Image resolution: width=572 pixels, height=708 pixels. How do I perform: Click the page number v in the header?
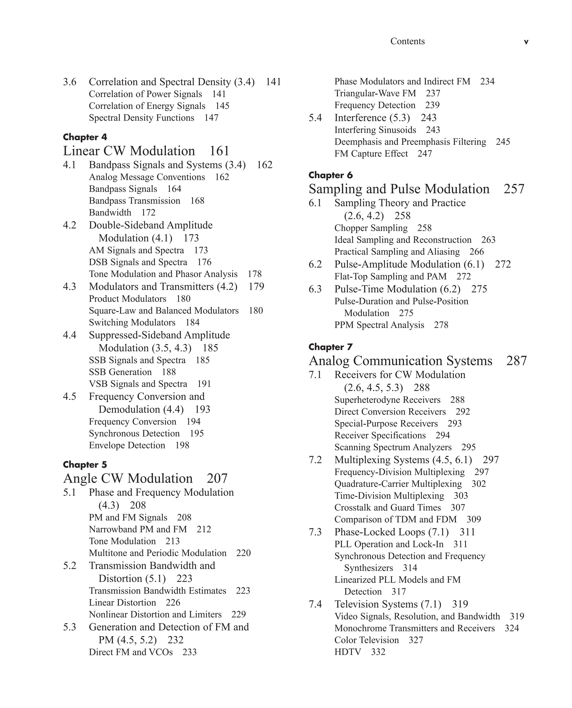tap(526, 42)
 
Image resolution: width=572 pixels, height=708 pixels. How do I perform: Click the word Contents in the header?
tap(407, 41)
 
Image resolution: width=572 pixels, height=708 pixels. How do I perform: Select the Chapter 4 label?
tap(85, 137)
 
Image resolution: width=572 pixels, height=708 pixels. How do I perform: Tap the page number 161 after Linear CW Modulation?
tap(219, 151)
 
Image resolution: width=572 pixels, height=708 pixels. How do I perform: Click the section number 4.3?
tap(70, 287)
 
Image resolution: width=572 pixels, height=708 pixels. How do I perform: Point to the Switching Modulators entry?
tap(132, 323)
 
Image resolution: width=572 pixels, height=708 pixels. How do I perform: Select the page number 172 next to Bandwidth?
tap(148, 213)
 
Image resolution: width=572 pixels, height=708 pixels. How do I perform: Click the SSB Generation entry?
tap(120, 372)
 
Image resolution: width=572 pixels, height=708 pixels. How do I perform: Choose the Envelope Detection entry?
tap(127, 445)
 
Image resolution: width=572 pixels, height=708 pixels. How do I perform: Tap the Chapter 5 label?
tap(85, 464)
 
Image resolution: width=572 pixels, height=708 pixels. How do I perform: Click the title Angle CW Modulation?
tap(128, 478)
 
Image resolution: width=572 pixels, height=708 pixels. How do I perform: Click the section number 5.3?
tap(70, 627)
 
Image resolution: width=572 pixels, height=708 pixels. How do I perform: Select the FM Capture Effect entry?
tap(371, 154)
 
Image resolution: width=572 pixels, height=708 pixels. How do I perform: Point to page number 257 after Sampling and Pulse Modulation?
tap(514, 189)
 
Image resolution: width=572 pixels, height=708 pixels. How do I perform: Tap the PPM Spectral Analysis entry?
tap(379, 325)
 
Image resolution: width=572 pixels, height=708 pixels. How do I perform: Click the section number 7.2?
tap(315, 460)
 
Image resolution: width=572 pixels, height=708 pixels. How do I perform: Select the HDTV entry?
tap(348, 652)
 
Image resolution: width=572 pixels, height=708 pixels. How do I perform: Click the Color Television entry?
tap(366, 640)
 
